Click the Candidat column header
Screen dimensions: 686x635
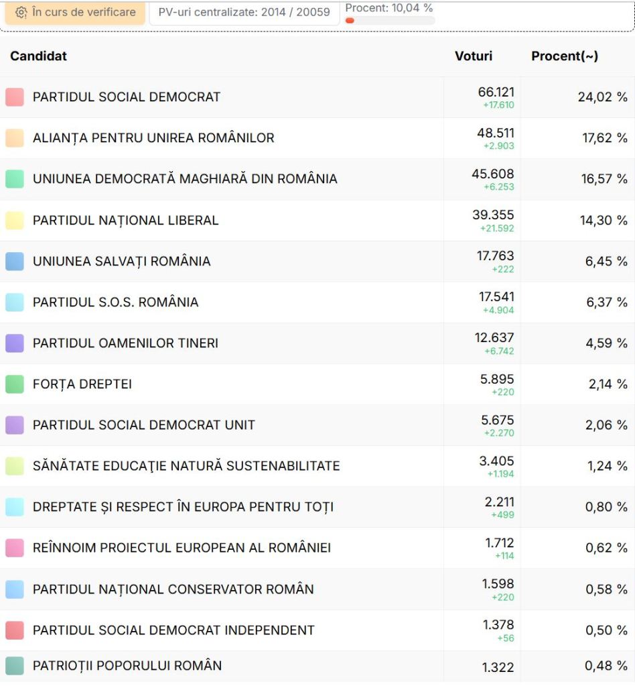point(38,56)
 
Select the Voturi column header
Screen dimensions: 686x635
point(473,56)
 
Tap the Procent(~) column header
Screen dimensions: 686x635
point(564,56)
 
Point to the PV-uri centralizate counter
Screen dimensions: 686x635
point(244,12)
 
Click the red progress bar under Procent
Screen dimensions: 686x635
point(350,21)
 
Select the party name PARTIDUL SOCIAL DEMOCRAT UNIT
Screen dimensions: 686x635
point(143,425)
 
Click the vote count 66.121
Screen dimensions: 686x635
point(496,92)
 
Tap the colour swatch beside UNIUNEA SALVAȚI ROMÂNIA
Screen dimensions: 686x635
point(15,262)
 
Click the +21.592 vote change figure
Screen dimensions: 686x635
point(497,229)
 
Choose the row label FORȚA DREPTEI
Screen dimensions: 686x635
point(82,384)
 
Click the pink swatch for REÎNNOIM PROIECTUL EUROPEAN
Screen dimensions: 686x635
point(15,548)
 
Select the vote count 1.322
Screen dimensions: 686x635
point(498,667)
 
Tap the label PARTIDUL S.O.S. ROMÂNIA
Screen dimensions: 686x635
point(115,302)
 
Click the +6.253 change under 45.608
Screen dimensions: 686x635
point(499,187)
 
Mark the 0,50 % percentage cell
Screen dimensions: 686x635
point(606,630)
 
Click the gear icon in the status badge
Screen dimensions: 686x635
point(21,13)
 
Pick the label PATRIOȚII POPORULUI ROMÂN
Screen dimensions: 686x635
point(127,666)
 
